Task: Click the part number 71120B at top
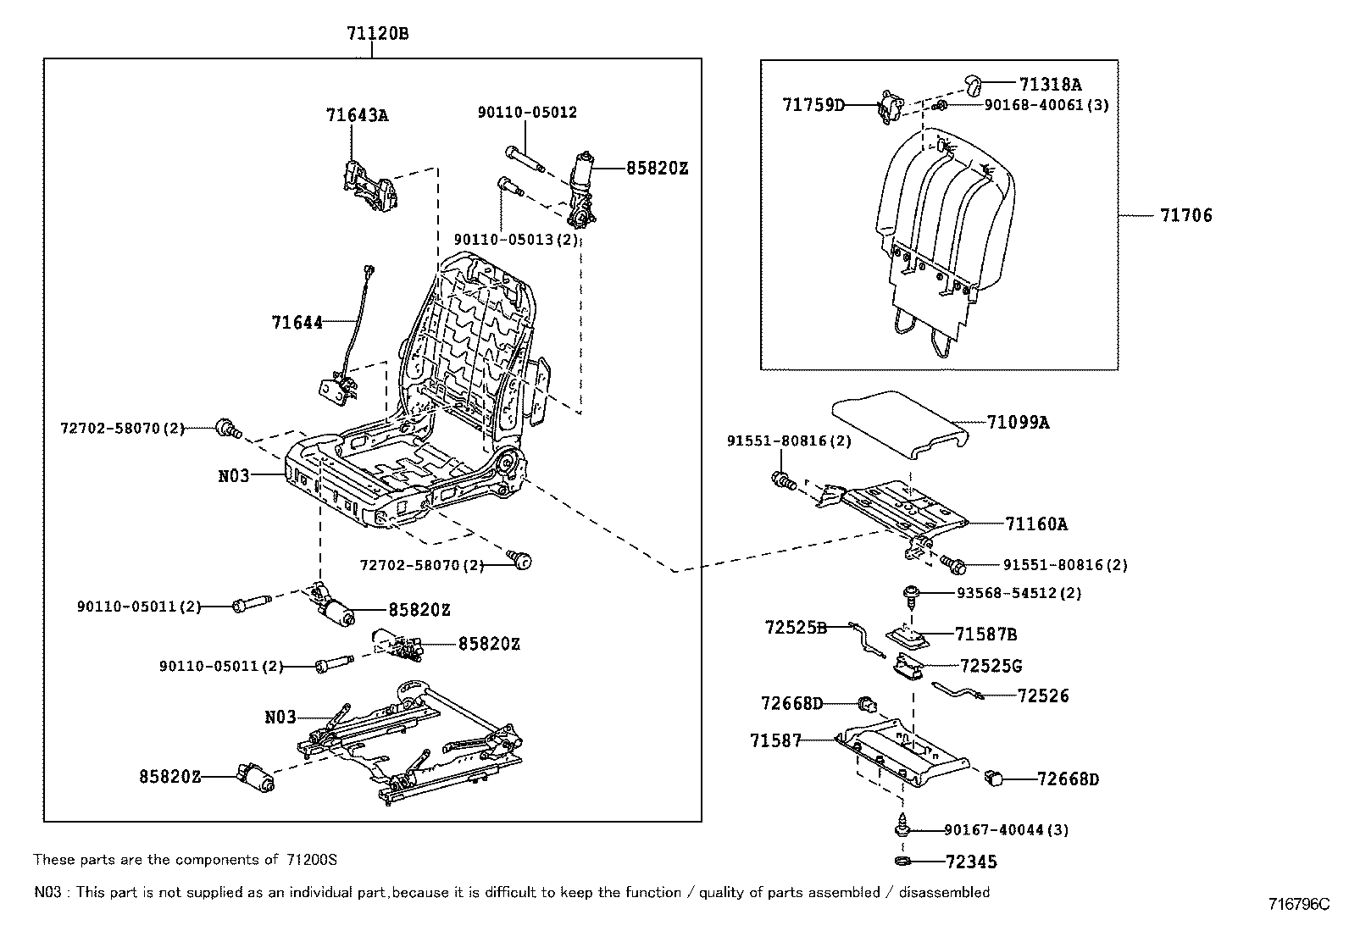(x=377, y=34)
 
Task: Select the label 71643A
(x=357, y=115)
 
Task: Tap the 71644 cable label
(x=297, y=323)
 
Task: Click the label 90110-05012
(x=526, y=113)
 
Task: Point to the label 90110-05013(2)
(x=516, y=240)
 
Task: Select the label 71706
(x=1185, y=216)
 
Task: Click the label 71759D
(x=813, y=105)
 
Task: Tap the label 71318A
(x=1050, y=84)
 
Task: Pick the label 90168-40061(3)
(x=1046, y=105)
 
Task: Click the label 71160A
(x=1035, y=524)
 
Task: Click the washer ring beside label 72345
(x=902, y=862)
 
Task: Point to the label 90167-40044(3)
(x=1006, y=830)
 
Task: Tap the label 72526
(x=1042, y=695)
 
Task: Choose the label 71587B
(x=985, y=634)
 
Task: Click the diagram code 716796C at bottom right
(x=1299, y=904)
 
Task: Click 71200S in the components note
(x=310, y=860)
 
